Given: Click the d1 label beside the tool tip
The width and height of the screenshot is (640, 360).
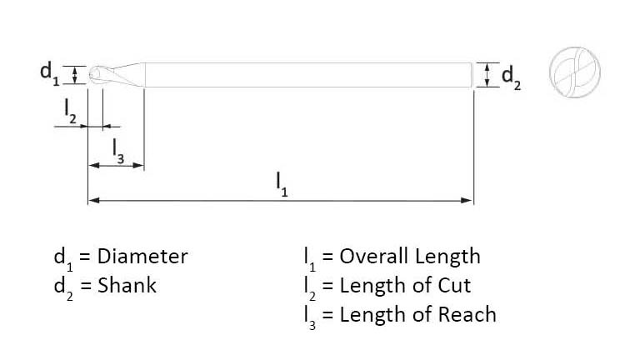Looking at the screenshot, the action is coord(49,73).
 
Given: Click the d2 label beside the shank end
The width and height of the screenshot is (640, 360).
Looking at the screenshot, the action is coord(511,77).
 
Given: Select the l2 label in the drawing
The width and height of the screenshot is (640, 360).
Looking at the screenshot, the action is coord(70,111).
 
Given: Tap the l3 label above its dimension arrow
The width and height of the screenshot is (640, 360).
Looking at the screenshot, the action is coord(118,151).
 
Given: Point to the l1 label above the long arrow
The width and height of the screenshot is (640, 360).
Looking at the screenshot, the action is coord(282,184).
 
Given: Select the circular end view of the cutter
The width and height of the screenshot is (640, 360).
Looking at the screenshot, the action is coord(574,72).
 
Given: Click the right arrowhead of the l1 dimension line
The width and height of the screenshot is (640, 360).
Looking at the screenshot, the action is coord(467,200).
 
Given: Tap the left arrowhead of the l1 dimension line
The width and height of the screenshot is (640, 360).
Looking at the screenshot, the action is coord(94,200).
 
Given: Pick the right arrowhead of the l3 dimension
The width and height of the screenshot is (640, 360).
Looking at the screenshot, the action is coord(139,165).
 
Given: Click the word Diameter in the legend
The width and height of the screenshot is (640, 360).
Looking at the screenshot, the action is coord(142,257).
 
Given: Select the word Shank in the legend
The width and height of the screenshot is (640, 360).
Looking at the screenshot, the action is coord(127,285).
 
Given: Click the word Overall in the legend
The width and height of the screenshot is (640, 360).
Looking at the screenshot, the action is coord(374,257).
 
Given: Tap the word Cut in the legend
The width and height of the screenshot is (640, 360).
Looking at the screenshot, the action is coord(454,285).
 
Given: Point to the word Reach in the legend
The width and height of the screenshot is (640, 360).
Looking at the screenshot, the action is coord(467,314).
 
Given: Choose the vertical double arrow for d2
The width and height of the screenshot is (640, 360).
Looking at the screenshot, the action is coord(487,75).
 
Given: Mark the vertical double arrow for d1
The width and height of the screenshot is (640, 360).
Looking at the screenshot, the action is coord(75,75).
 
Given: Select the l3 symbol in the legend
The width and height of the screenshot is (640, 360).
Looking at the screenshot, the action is coord(310,317).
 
